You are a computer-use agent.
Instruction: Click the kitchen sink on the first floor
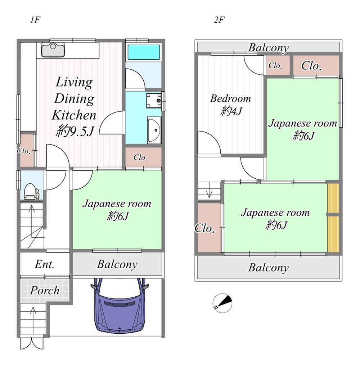(x=53, y=50)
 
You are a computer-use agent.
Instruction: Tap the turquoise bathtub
(x=144, y=52)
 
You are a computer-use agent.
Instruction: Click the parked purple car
(x=120, y=306)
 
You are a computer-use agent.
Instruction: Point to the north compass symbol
(x=222, y=303)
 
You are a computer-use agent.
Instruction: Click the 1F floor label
(x=35, y=20)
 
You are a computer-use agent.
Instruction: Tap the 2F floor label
(x=219, y=20)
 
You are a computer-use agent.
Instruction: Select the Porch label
(x=44, y=290)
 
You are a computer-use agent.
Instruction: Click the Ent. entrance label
(x=44, y=264)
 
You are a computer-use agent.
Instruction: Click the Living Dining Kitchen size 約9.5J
(x=75, y=131)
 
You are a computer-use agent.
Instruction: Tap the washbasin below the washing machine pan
(x=154, y=130)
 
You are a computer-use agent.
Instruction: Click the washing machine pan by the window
(x=154, y=100)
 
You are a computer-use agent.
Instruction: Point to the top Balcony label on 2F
(x=268, y=48)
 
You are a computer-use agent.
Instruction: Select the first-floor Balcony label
(x=117, y=265)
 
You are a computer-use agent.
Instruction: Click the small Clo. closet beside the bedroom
(x=275, y=65)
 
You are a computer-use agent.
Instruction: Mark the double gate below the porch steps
(x=32, y=343)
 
